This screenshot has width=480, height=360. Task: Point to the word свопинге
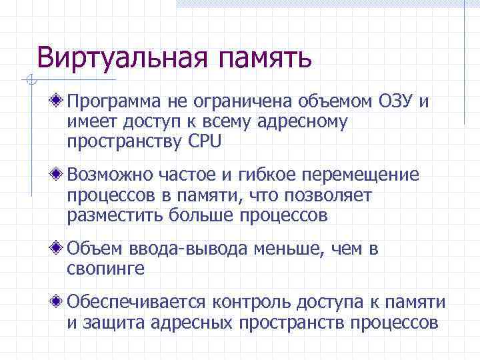(x=105, y=270)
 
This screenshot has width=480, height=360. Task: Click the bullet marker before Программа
(x=59, y=101)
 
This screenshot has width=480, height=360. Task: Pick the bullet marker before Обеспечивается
(x=59, y=302)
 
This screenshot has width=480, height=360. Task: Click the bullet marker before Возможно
(x=59, y=175)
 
